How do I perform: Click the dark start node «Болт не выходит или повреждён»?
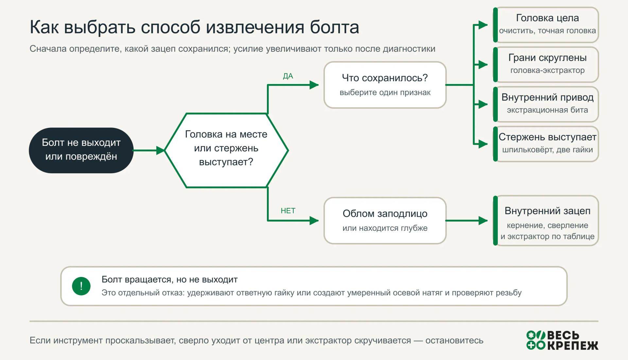[x=81, y=150]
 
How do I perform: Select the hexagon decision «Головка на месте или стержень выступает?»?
[x=226, y=150]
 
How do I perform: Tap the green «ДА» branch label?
[x=288, y=76]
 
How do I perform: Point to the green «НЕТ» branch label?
[x=288, y=211]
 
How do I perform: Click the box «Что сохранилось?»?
[x=385, y=85]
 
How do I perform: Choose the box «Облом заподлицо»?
[x=385, y=220]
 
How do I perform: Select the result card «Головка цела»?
[x=546, y=25]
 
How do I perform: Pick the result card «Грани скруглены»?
[x=546, y=64]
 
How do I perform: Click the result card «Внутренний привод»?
[x=546, y=104]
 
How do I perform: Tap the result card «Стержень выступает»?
[x=546, y=144]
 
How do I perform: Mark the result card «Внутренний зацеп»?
[x=546, y=221]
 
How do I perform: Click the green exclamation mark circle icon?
[x=81, y=286]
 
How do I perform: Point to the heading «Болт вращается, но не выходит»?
[x=169, y=280]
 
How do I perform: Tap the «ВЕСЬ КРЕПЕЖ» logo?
[x=562, y=340]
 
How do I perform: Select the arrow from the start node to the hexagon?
[x=148, y=150]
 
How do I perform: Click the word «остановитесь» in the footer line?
[x=454, y=340]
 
